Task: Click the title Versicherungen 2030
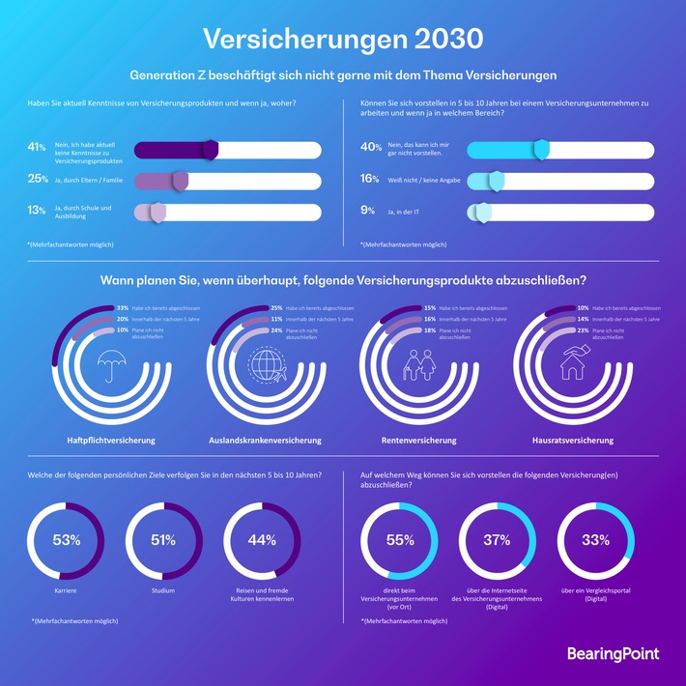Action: point(343,38)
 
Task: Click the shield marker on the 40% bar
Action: point(542,149)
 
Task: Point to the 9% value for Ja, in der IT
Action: point(368,210)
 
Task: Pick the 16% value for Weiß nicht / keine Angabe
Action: point(369,179)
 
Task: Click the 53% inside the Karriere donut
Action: point(66,539)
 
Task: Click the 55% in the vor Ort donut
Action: point(400,539)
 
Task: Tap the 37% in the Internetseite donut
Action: point(498,539)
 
